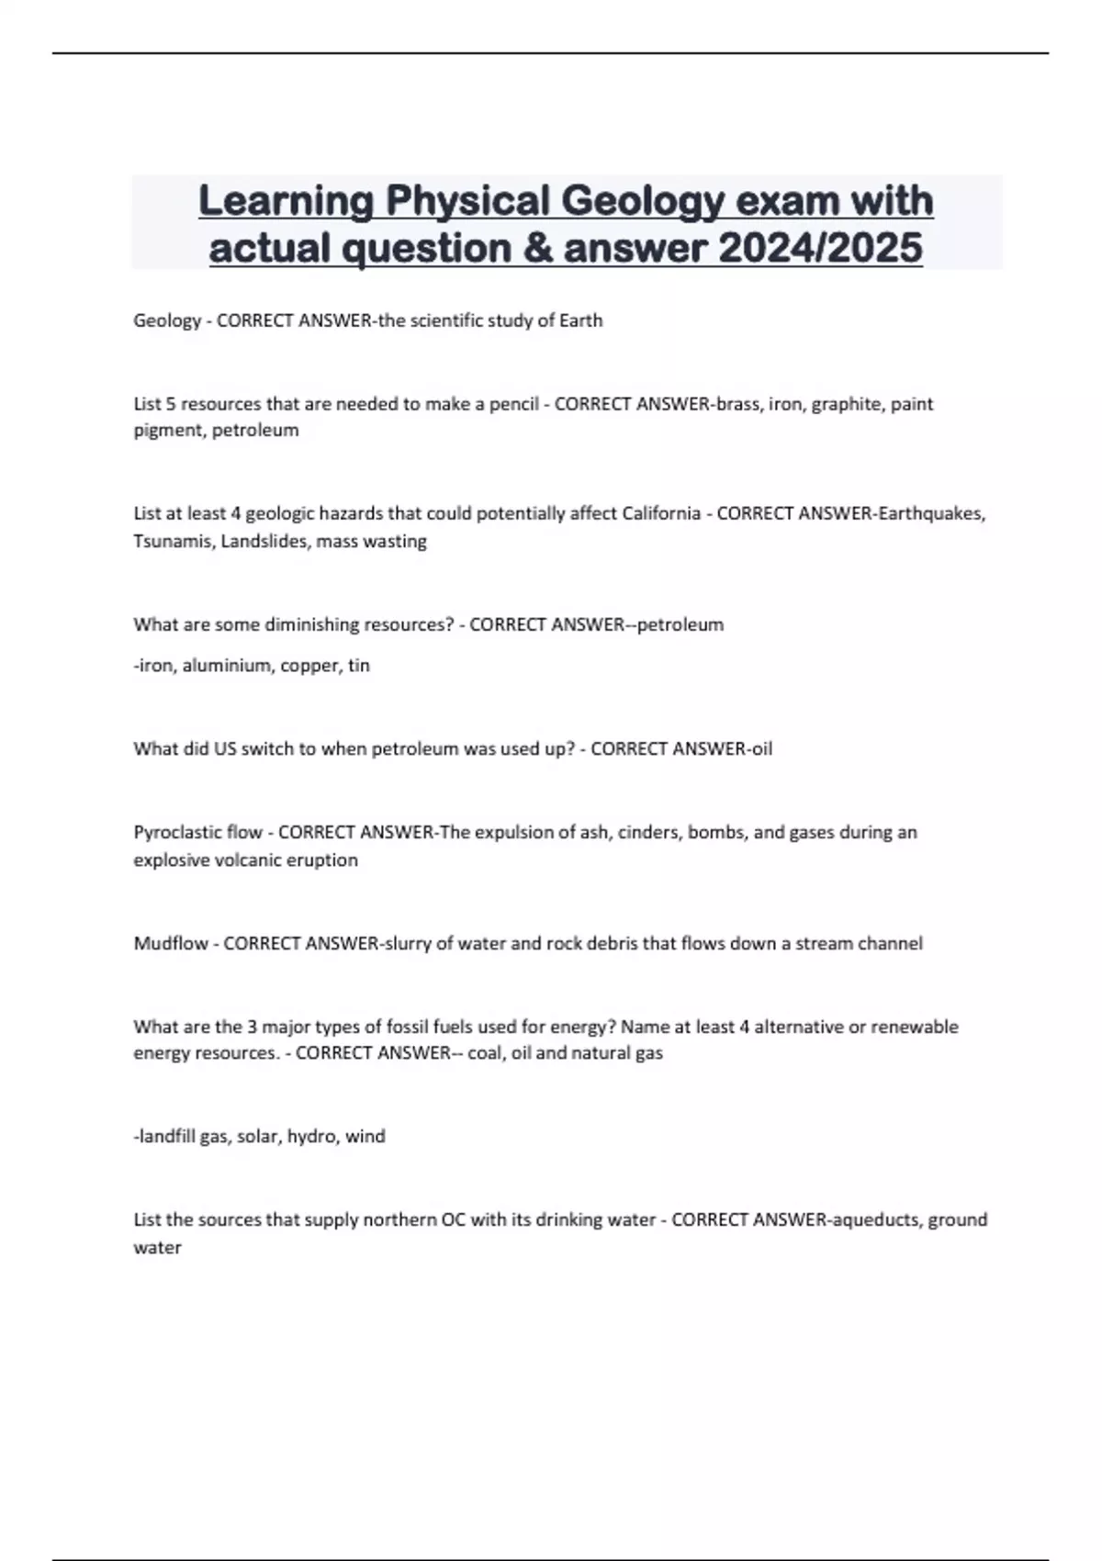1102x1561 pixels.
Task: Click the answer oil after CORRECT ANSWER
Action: (761, 748)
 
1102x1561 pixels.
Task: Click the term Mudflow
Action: (170, 943)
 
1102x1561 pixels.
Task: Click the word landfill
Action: (166, 1136)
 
